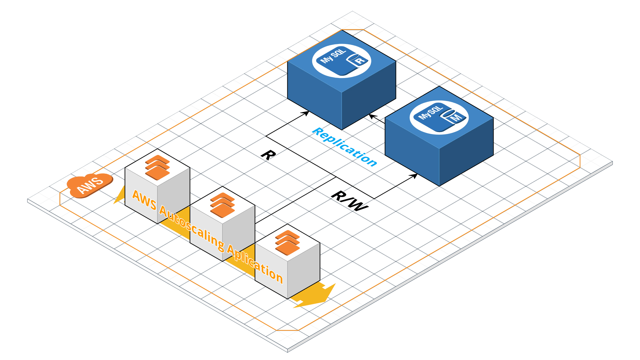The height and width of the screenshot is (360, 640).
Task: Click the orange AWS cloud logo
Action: coord(89,185)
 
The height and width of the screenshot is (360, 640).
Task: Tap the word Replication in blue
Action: coord(345,147)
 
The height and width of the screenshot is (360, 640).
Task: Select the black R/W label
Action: coord(349,201)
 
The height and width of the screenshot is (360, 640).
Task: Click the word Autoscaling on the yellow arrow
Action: coord(192,229)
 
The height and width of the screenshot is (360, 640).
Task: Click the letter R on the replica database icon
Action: coord(360,61)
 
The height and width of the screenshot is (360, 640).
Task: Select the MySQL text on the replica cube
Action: coord(333,56)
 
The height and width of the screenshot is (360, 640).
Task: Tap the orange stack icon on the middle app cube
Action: coord(222,205)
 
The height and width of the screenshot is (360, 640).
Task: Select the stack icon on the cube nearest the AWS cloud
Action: coord(157,168)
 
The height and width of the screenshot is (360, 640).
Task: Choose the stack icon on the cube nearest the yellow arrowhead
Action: coord(287,243)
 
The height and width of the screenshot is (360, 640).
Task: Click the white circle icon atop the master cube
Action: coord(439,117)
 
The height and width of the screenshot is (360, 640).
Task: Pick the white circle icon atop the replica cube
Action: coord(341,61)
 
